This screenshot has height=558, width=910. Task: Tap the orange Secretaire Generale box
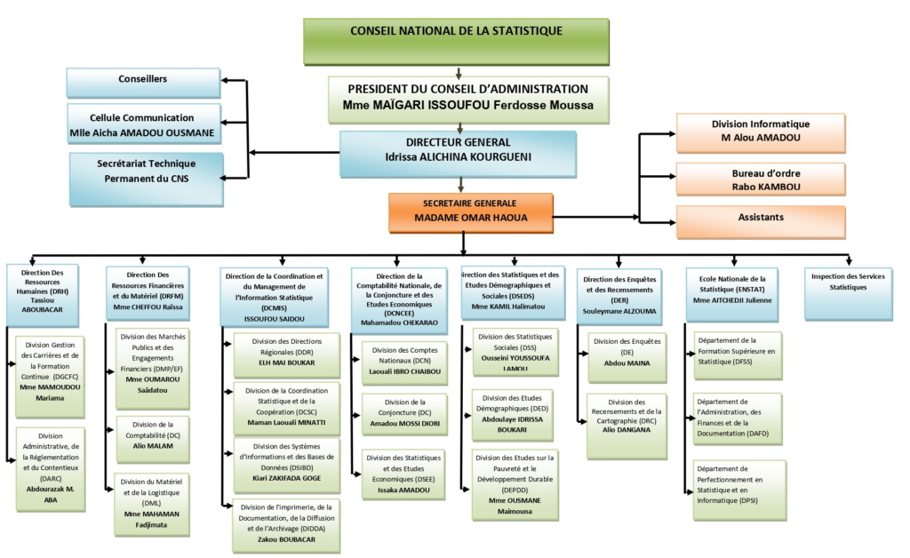point(470,210)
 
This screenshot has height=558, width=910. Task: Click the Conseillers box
point(143,81)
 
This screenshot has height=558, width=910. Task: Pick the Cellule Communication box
point(143,125)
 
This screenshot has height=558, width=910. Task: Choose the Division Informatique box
point(761,132)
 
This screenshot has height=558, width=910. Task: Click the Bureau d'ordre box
point(761,179)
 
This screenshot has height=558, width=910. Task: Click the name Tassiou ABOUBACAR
point(43,307)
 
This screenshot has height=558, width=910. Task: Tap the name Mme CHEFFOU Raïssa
point(148,307)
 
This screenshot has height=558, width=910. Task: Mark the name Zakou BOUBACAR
point(285,539)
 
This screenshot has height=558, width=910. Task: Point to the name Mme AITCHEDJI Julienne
point(732,300)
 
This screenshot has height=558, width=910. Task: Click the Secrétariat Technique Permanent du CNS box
point(146,171)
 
